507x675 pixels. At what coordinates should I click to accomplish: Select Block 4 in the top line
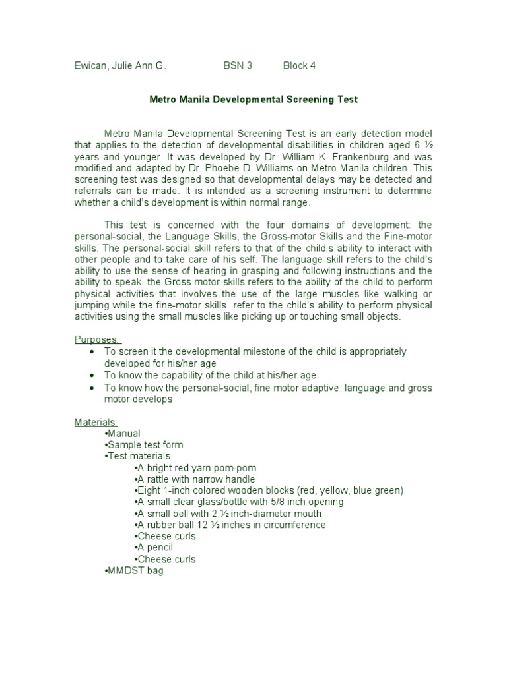pyautogui.click(x=303, y=65)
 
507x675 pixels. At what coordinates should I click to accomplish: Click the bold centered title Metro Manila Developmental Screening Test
pyautogui.click(x=253, y=100)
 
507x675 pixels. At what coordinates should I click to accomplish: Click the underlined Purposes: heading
pyautogui.click(x=96, y=339)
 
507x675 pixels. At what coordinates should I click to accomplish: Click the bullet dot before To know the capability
pyautogui.click(x=90, y=375)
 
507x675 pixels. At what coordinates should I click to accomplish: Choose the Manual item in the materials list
pyautogui.click(x=123, y=434)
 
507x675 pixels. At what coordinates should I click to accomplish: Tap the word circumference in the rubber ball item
pyautogui.click(x=296, y=525)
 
